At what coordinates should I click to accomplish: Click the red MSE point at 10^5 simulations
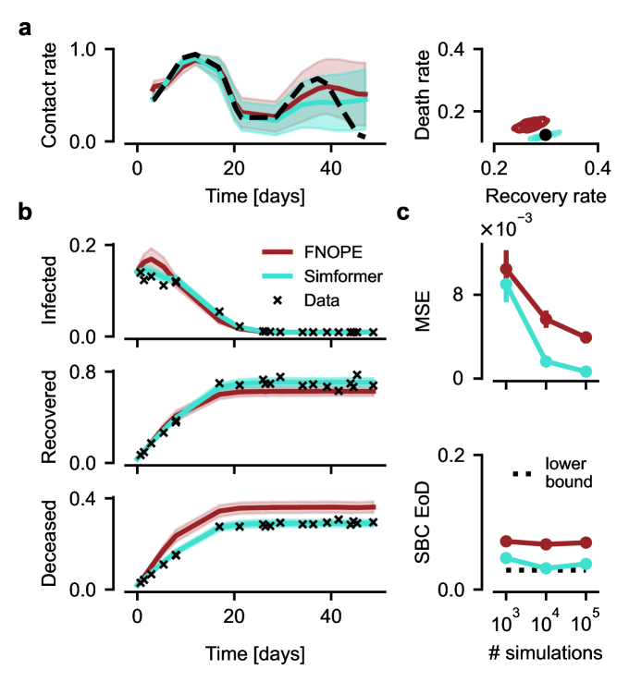[x=586, y=338]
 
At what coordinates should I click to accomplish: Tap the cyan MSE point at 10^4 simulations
[x=546, y=361]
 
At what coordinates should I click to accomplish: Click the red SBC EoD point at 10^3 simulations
[x=506, y=541]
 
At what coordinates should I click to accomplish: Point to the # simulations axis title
[x=546, y=652]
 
